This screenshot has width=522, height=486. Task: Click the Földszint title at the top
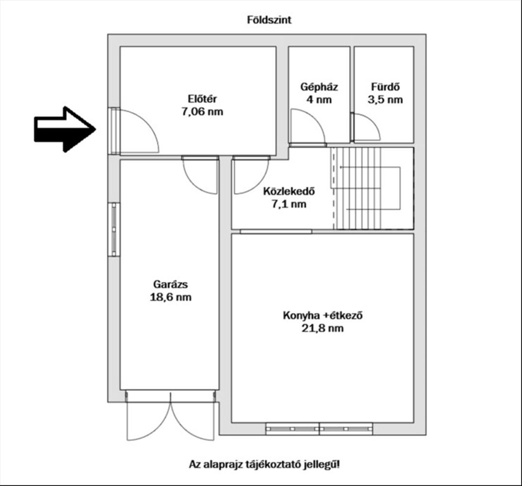pos(269,20)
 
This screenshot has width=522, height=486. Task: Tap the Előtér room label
pos(202,100)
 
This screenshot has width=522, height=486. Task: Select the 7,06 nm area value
pos(202,112)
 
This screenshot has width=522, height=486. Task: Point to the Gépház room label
pos(319,87)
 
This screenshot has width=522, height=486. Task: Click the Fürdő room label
pos(385,87)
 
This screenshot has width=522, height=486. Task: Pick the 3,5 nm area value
pos(385,100)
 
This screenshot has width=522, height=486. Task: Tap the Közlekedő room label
pos(288,191)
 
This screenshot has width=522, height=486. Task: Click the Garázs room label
pos(170,284)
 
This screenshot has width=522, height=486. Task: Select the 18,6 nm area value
pos(170,297)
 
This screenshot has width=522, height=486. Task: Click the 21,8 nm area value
pos(323,329)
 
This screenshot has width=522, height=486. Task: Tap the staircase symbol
pos(373,188)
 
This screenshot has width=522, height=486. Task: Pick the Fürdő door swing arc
pos(367,127)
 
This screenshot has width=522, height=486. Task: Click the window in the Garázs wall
pos(114,229)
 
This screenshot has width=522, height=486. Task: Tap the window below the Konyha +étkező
pos(319,429)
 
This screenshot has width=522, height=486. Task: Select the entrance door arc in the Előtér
pos(138,131)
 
